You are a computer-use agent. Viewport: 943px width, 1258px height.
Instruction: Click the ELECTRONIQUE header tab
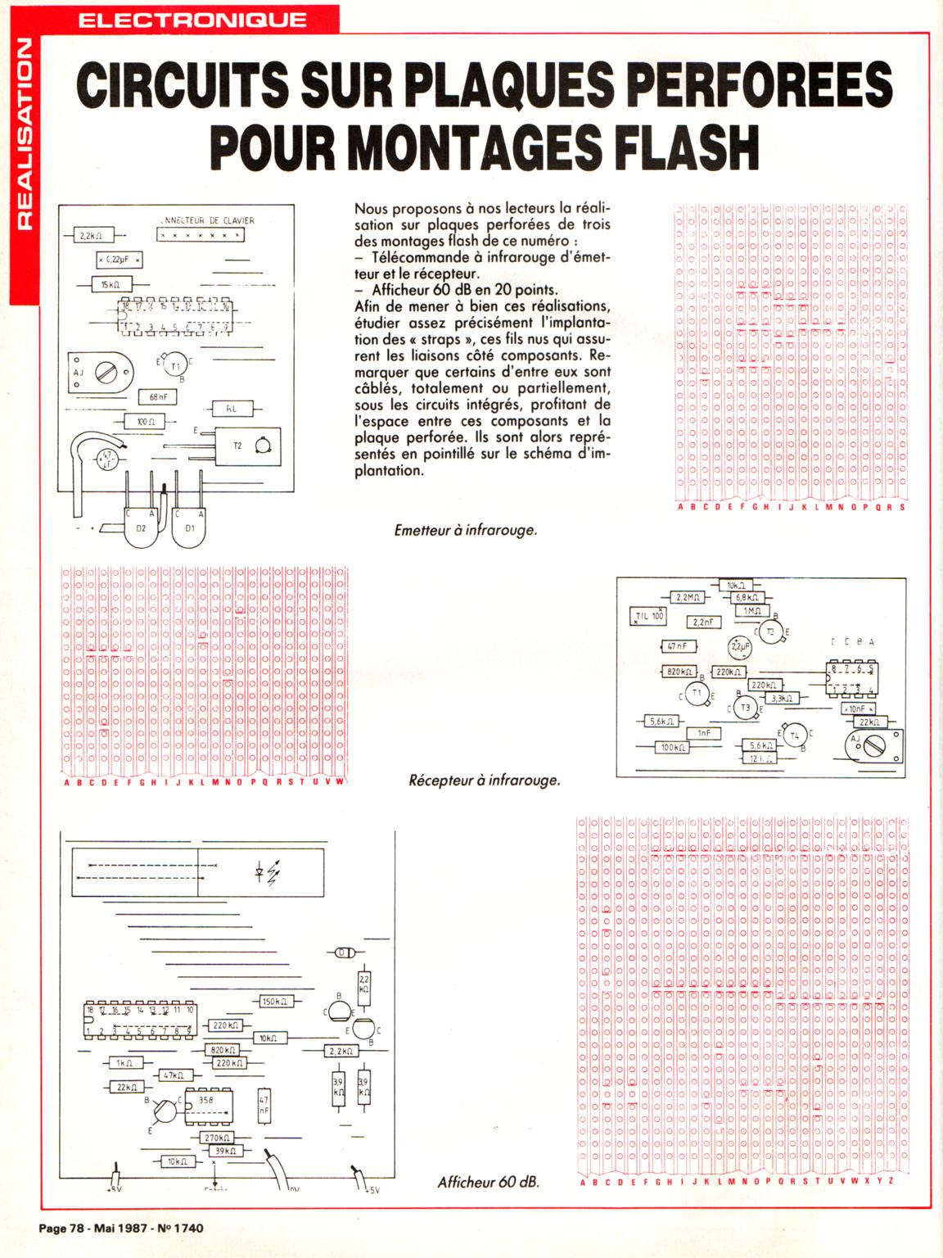click(x=193, y=20)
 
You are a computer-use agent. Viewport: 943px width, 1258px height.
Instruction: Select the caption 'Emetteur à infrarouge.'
click(x=465, y=530)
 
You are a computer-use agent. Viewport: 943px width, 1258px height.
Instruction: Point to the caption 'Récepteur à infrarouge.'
click(x=484, y=781)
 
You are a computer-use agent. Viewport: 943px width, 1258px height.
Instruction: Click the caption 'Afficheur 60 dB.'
click(x=488, y=1182)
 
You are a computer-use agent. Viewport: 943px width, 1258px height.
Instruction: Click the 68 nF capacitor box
click(x=158, y=396)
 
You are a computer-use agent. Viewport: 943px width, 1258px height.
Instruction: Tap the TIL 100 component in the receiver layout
click(x=650, y=615)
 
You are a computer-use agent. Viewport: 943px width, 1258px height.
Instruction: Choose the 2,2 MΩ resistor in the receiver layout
click(x=688, y=598)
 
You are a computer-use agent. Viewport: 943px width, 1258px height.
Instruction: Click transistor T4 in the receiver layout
click(x=794, y=736)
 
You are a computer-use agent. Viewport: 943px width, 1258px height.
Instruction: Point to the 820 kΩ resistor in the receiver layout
click(x=678, y=672)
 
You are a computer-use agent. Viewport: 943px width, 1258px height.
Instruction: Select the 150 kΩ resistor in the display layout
click(x=273, y=1001)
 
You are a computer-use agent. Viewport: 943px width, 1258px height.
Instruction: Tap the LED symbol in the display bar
click(x=266, y=874)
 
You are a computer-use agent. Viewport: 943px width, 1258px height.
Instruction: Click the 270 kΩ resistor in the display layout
click(x=217, y=1138)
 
